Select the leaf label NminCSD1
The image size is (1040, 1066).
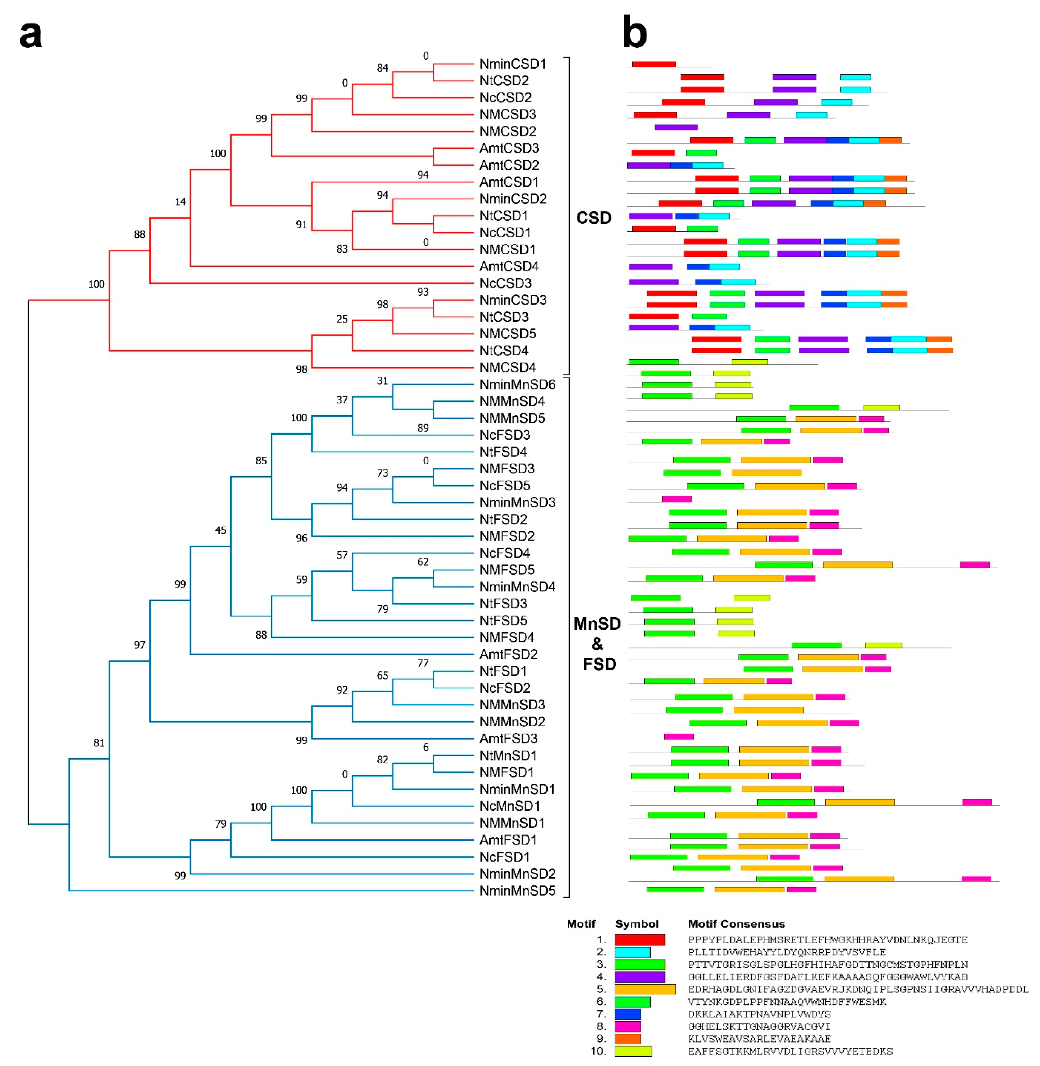pyautogui.click(x=512, y=64)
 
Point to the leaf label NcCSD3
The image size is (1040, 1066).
pyautogui.click(x=505, y=283)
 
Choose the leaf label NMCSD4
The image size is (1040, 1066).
pyautogui.click(x=507, y=368)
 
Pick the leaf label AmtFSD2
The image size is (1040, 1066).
pyautogui.click(x=508, y=654)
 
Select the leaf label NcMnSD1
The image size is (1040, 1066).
pyautogui.click(x=510, y=806)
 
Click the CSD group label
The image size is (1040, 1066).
pyautogui.click(x=594, y=218)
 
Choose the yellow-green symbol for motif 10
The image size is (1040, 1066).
pyautogui.click(x=633, y=1051)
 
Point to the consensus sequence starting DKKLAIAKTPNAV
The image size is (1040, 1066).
pyautogui.click(x=759, y=1014)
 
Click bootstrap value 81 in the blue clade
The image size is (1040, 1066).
pyautogui.click(x=99, y=743)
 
